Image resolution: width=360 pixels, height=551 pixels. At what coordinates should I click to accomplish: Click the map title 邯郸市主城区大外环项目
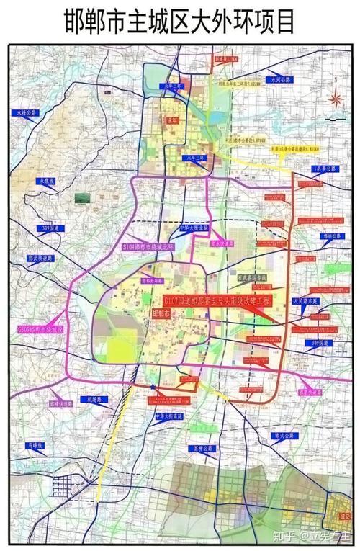179,21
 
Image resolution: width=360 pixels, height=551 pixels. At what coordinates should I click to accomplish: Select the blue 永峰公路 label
27,113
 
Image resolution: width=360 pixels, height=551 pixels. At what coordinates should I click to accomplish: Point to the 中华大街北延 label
193,227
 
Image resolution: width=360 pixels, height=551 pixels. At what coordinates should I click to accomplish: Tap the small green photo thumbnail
84,197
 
